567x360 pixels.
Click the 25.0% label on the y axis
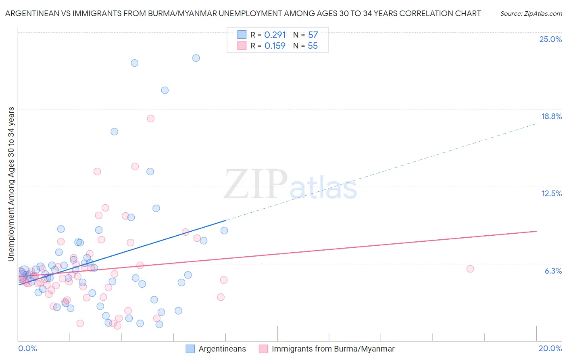point(550,40)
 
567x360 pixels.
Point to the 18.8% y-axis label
point(551,117)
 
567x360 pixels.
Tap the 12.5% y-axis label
point(551,194)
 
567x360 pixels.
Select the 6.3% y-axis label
point(553,271)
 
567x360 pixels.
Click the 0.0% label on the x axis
point(27,348)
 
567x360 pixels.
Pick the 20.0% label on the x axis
point(550,348)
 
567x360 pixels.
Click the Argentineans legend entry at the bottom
point(222,349)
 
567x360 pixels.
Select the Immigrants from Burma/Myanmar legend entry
point(333,349)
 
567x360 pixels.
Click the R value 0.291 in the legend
point(275,35)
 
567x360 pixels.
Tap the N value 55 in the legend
point(313,46)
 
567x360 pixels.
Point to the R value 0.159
point(275,46)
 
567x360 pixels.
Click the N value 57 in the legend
point(313,35)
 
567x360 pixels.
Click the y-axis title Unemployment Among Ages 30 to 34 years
point(11,184)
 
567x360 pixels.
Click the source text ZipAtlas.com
point(531,14)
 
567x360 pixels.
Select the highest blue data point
point(196,58)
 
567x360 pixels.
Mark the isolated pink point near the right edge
point(470,269)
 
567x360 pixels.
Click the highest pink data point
point(151,119)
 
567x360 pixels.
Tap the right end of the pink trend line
point(536,231)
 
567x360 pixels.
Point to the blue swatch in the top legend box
point(242,35)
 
